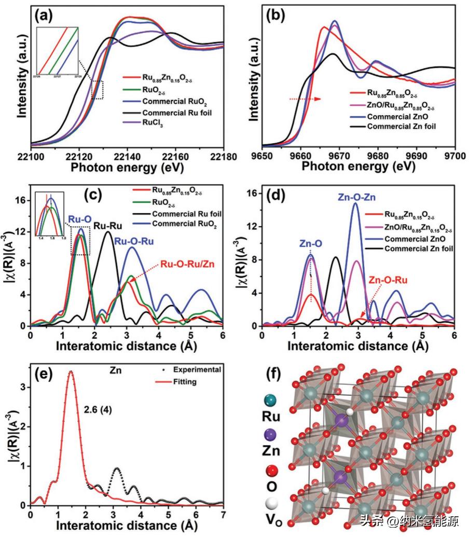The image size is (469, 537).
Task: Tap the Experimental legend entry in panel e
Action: (x=195, y=369)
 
